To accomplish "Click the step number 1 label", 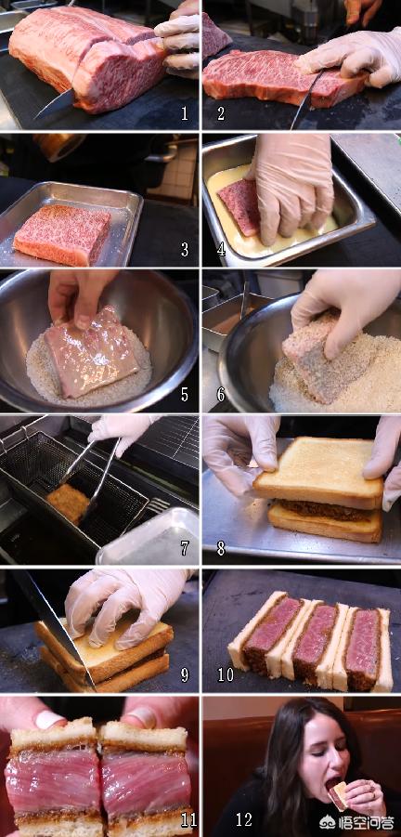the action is [x=184, y=113].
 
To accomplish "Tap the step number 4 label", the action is [x=220, y=249].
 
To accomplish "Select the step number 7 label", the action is [x=185, y=547].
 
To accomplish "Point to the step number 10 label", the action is [x=226, y=674].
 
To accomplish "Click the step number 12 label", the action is [x=244, y=819].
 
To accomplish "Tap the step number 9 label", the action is [x=185, y=674].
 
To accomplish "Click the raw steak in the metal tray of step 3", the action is [x=62, y=235].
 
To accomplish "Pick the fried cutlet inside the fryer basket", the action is [x=68, y=503].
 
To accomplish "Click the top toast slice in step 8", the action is [x=318, y=473].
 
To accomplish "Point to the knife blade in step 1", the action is [x=53, y=104].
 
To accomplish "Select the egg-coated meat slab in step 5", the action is [x=91, y=352].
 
